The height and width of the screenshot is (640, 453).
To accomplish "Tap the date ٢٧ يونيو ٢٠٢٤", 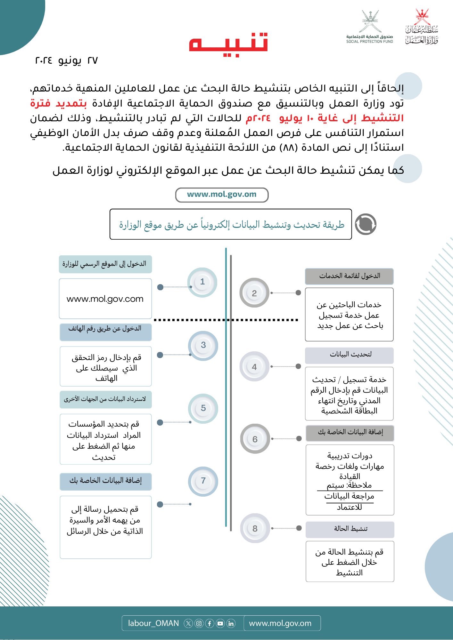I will click(x=66, y=60).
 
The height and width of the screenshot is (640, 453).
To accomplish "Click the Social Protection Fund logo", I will click(x=370, y=27).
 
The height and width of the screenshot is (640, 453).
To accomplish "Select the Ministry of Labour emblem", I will click(x=422, y=27).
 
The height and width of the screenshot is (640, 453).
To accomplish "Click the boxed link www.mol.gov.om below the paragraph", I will click(x=222, y=195).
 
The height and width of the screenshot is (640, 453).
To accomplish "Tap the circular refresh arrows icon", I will click(x=366, y=224).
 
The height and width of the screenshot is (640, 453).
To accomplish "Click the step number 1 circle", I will click(x=202, y=282).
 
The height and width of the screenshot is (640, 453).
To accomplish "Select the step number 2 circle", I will click(x=254, y=293).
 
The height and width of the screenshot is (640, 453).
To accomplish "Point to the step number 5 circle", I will click(x=203, y=408).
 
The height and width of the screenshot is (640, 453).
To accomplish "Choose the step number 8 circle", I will click(x=255, y=528).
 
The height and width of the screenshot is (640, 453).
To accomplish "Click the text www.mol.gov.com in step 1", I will click(x=105, y=299).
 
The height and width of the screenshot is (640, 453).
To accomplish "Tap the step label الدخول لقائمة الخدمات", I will click(x=349, y=276).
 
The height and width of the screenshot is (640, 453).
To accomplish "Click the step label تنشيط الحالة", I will click(x=350, y=529).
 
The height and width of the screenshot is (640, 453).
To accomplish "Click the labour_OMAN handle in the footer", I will click(x=153, y=623).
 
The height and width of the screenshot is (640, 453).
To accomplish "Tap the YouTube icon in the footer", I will click(x=220, y=623).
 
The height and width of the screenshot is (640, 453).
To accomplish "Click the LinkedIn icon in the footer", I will click(x=231, y=623).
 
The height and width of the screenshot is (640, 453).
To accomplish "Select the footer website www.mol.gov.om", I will click(x=280, y=623).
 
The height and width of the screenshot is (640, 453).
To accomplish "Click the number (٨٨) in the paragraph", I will click(x=286, y=148).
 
